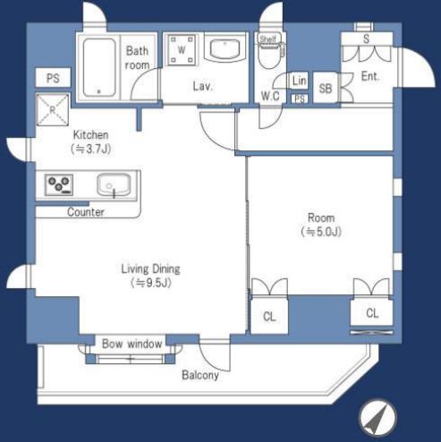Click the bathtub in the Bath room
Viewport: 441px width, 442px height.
[99, 67]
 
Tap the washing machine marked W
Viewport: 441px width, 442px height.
[182, 50]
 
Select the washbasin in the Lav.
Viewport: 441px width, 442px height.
[225, 48]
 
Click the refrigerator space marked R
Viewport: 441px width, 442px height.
[53, 109]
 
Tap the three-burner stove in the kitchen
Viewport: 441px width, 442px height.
[59, 185]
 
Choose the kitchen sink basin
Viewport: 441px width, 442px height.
[114, 185]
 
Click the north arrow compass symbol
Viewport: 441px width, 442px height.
[377, 417]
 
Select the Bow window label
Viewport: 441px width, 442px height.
[131, 344]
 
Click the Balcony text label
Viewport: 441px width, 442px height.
[200, 375]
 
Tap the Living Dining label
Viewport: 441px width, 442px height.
[150, 269]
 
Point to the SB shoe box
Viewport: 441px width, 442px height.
[326, 88]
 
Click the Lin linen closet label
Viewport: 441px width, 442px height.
[299, 81]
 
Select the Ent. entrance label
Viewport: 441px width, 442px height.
[370, 77]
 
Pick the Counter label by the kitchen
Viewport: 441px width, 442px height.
[86, 212]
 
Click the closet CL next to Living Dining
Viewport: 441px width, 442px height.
[269, 316]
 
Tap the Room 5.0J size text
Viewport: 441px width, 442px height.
[321, 232]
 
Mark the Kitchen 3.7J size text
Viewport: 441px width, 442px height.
[91, 149]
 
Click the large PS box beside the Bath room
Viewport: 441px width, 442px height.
[53, 78]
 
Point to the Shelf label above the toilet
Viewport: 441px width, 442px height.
[268, 38]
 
